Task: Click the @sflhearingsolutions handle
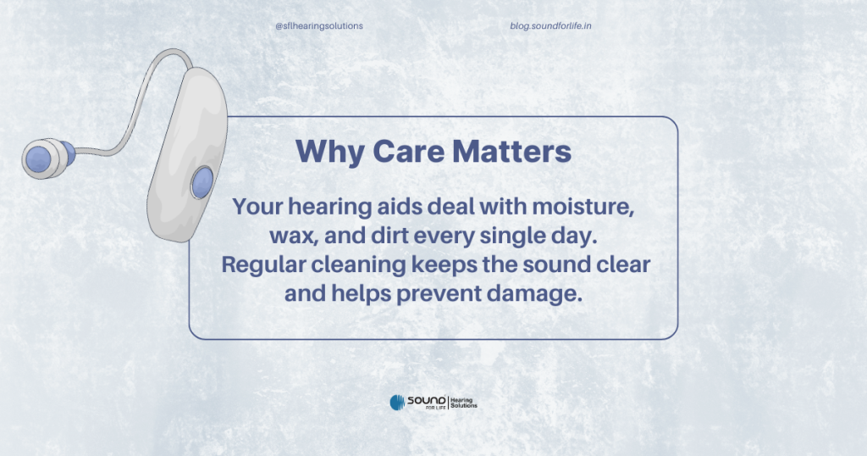pos(319,26)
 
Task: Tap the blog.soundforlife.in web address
pos(550,26)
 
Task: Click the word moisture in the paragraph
pos(583,207)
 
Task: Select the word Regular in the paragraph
pos(263,264)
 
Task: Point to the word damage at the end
pos(534,293)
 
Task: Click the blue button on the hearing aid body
pos(202,182)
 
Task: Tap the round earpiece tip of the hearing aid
pos(42,158)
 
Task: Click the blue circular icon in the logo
pos(398,403)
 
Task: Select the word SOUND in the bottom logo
pos(427,400)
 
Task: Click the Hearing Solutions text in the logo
pos(464,403)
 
